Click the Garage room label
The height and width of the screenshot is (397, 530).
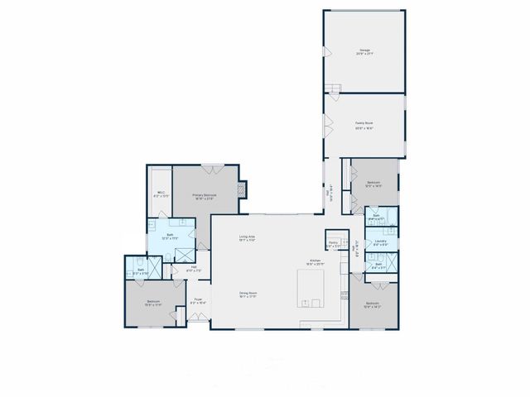364,52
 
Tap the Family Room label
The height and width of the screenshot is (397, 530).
364,125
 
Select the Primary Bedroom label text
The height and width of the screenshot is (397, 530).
205,197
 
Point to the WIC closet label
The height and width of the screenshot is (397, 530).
161,195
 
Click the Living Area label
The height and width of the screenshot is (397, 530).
247,238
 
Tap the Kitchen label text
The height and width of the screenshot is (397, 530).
316,261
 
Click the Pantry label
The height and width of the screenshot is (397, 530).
333,245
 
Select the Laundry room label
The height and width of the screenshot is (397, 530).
380,244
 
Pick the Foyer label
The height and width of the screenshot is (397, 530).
199,301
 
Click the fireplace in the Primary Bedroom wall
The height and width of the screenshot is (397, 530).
241,189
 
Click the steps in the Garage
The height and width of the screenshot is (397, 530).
334,88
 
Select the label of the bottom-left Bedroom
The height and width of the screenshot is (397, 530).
153,303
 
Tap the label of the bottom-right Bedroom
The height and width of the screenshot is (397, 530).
373,305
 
